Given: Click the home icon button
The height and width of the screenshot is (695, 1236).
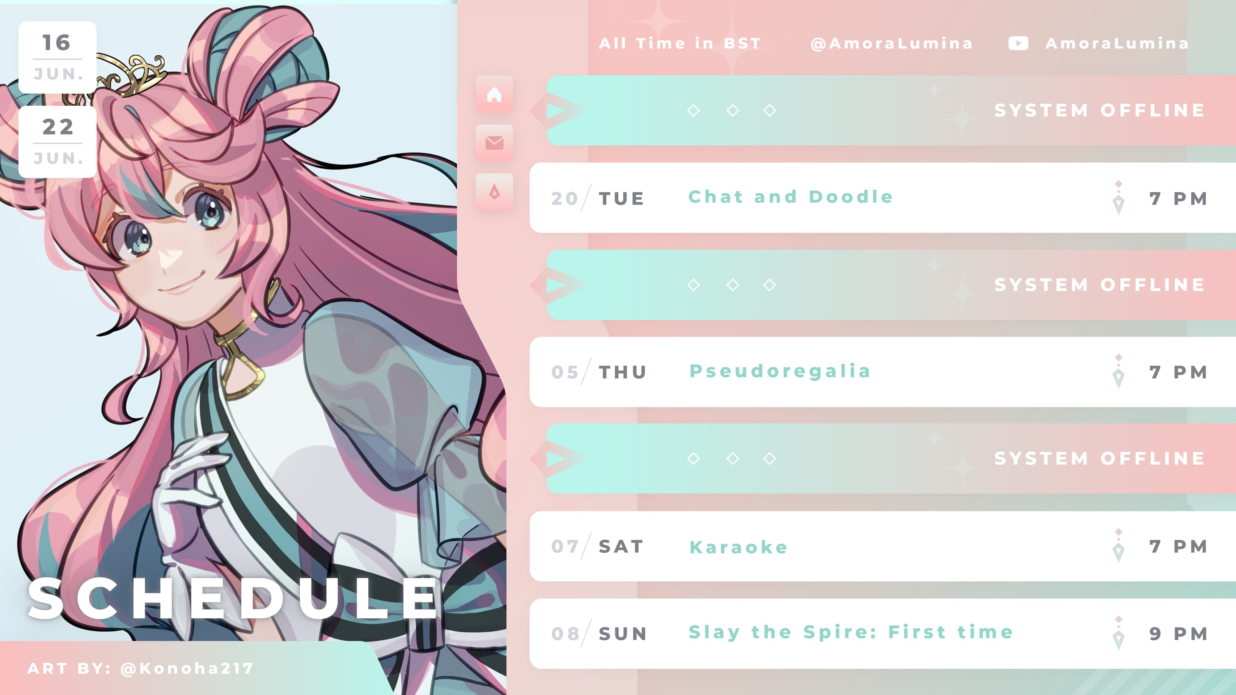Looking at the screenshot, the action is (x=494, y=95).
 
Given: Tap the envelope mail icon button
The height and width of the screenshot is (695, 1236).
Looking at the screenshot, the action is (x=494, y=143).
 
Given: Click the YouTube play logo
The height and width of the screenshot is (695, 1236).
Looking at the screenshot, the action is (x=1018, y=43).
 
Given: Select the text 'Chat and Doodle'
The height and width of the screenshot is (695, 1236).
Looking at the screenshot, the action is (x=790, y=197).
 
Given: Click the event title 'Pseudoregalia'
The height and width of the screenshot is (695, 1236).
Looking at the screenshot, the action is (x=780, y=371).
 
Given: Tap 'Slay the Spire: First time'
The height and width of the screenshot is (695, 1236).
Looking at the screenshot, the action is (x=851, y=632).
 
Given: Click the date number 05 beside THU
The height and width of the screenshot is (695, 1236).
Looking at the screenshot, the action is (x=565, y=372).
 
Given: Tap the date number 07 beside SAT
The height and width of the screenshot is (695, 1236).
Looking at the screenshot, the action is (x=565, y=546).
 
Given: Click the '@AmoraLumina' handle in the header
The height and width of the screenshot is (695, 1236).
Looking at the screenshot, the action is (x=891, y=44).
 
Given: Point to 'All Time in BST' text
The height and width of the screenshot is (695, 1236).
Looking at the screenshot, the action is (x=680, y=44).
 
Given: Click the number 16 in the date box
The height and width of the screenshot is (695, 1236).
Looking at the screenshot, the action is (x=57, y=43).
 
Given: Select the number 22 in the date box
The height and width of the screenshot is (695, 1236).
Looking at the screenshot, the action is (x=57, y=127).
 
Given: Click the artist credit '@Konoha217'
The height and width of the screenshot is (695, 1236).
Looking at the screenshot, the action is (x=187, y=668).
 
